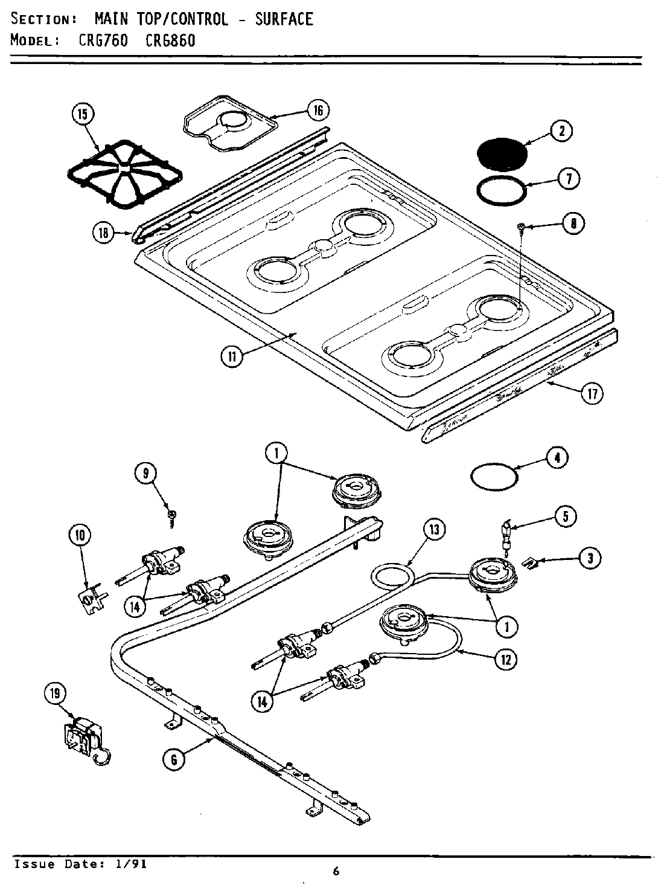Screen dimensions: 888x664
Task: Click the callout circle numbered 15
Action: coord(83,114)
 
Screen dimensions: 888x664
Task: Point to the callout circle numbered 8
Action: coord(573,224)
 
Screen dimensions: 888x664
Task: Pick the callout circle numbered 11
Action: coord(232,356)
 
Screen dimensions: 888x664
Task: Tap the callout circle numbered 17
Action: coord(592,394)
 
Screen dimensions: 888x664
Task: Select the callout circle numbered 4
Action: coord(557,458)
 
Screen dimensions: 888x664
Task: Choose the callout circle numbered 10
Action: coord(80,534)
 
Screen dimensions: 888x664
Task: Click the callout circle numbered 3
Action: coord(590,558)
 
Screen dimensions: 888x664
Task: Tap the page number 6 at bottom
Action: coord(336,870)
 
